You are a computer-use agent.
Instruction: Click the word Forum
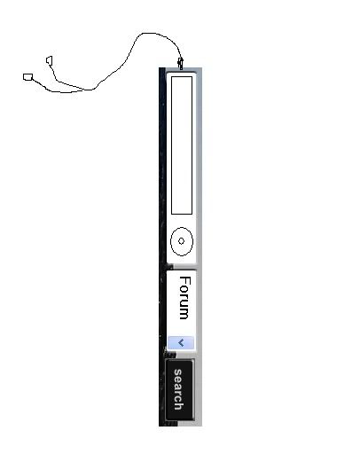pyautogui.click(x=185, y=298)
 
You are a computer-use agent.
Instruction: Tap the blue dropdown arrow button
pyautogui.click(x=181, y=343)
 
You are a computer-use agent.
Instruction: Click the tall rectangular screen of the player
pyautogui.click(x=182, y=145)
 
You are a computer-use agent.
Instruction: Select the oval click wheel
pyautogui.click(x=182, y=241)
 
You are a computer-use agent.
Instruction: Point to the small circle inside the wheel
pyautogui.click(x=181, y=241)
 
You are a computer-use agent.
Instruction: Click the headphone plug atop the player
pyautogui.click(x=180, y=64)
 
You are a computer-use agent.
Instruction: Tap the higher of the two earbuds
pyautogui.click(x=50, y=60)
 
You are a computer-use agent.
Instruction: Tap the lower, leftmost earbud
pyautogui.click(x=27, y=77)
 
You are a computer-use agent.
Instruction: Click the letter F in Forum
pyautogui.click(x=185, y=281)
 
